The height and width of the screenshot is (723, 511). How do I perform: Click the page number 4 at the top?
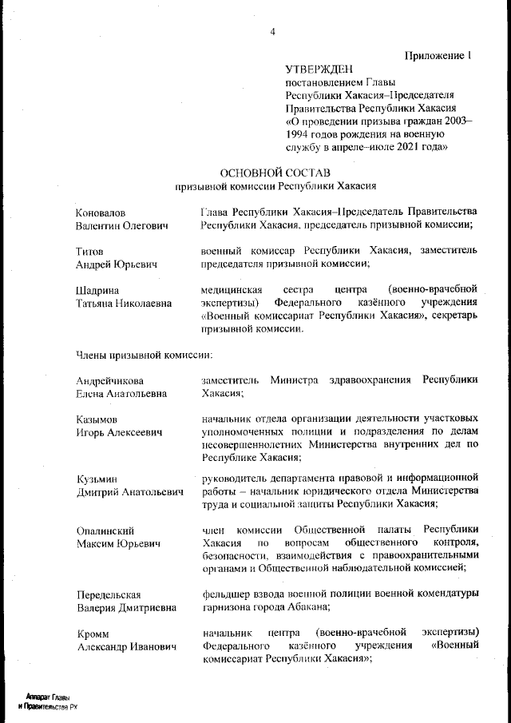pyautogui.click(x=272, y=32)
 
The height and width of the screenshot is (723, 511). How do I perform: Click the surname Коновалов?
pyautogui.click(x=101, y=213)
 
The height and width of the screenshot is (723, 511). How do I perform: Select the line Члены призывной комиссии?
pyautogui.click(x=143, y=352)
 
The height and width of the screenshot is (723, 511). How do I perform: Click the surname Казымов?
pyautogui.click(x=97, y=419)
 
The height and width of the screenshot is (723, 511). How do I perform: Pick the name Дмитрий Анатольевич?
pyautogui.click(x=130, y=493)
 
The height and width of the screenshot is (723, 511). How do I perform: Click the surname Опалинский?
pyautogui.click(x=105, y=530)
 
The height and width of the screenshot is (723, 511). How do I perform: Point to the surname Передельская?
pyautogui.click(x=109, y=594)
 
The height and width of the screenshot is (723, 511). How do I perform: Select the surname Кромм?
pyautogui.click(x=93, y=633)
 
